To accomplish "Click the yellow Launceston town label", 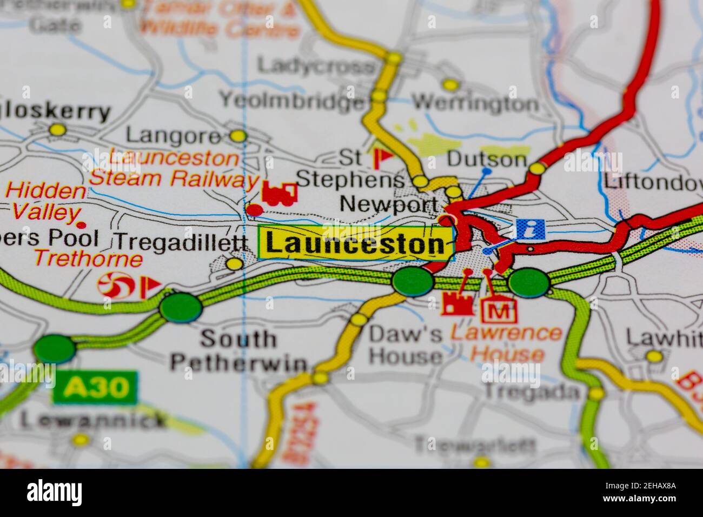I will coord(355,243).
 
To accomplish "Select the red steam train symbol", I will coord(280,194).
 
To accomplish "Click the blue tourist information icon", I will coord(530,229).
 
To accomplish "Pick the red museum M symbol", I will coord(499,310).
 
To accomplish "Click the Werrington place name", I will coord(475,103).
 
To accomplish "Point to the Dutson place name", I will coord(487,160).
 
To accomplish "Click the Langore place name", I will coord(173,136).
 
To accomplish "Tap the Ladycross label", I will coord(316,67).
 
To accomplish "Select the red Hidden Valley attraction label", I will coord(45,201).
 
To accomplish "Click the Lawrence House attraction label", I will coord(506,343).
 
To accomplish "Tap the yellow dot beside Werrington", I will coord(450,84).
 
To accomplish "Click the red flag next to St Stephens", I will coord(383,157).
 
